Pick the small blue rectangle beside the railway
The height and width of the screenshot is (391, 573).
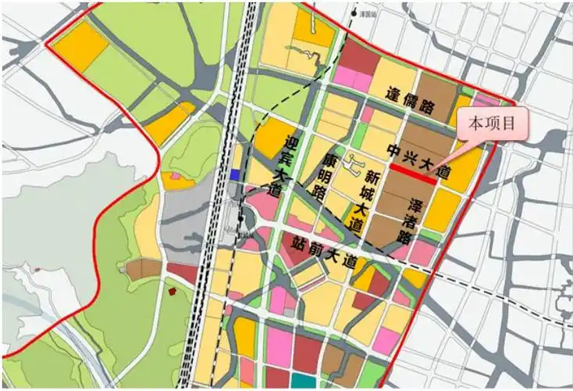234,174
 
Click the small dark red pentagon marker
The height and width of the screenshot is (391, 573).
172,292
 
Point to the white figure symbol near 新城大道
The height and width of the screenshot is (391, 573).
355,166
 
